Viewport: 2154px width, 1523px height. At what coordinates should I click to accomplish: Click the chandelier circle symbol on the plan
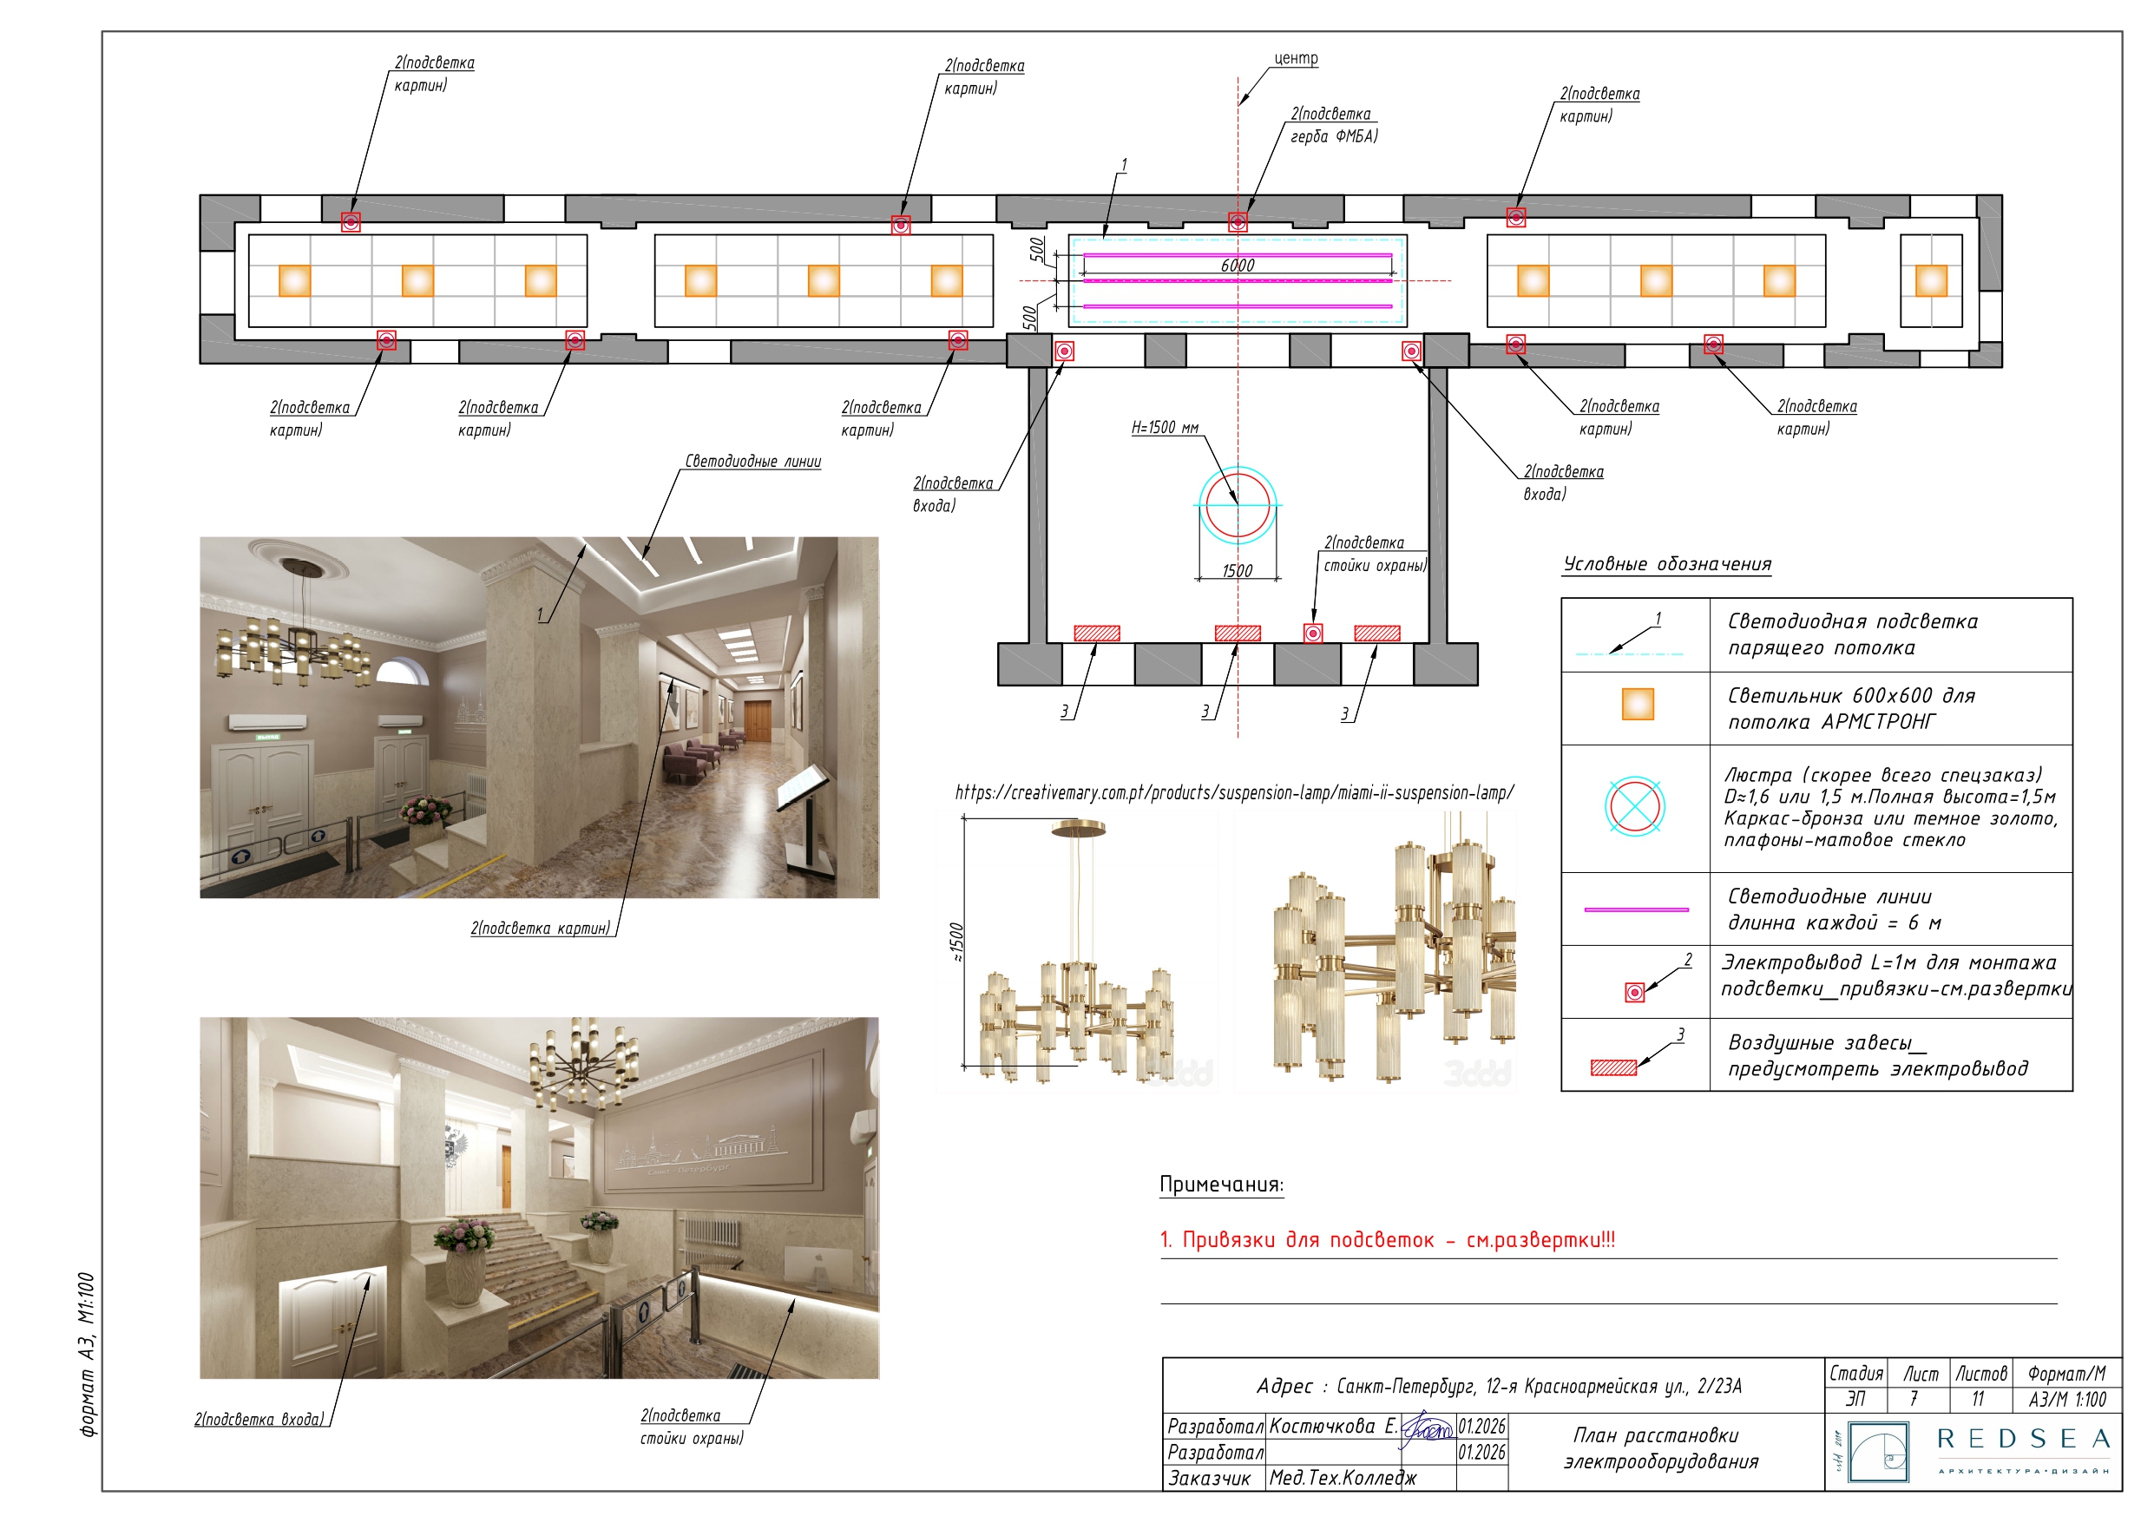click(1238, 505)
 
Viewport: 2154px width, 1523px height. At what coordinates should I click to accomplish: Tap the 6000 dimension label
click(1238, 266)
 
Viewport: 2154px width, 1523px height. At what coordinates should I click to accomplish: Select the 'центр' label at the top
click(1296, 58)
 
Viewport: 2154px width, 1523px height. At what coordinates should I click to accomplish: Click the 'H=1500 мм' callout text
click(1165, 428)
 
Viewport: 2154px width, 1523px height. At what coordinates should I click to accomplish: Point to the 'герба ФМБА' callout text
click(1334, 136)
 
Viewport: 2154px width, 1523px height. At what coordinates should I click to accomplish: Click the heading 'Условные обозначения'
click(1667, 564)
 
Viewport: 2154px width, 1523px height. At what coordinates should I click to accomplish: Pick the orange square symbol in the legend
click(1638, 704)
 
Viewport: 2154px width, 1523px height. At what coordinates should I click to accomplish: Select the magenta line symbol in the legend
click(1636, 909)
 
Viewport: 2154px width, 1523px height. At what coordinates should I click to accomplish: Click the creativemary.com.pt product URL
click(1235, 793)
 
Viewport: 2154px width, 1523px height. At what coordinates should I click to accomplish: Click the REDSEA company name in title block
click(2023, 1439)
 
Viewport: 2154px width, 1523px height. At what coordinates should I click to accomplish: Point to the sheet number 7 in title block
click(1914, 1399)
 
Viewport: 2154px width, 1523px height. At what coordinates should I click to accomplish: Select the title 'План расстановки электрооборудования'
click(1659, 1448)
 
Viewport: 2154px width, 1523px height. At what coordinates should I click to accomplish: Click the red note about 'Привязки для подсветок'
click(1388, 1239)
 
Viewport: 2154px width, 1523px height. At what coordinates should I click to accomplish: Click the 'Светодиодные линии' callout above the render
click(752, 462)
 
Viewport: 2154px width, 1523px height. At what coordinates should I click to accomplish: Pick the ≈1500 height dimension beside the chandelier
click(956, 942)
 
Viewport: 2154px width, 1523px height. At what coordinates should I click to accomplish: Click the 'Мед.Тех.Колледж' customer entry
click(1343, 1478)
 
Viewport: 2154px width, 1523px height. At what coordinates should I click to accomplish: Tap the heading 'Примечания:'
click(1221, 1185)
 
